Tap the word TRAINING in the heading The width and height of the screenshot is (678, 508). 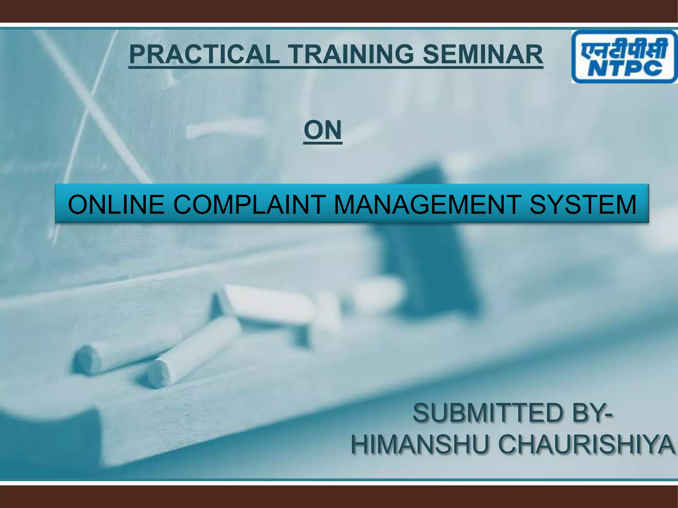[350, 55]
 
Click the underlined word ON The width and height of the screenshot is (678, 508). [322, 130]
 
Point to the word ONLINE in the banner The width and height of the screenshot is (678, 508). [116, 204]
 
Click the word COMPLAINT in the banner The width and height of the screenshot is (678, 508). [248, 204]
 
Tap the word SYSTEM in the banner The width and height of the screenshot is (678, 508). [583, 204]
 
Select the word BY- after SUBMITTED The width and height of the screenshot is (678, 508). [593, 413]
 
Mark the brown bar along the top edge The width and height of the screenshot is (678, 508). [339, 11]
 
